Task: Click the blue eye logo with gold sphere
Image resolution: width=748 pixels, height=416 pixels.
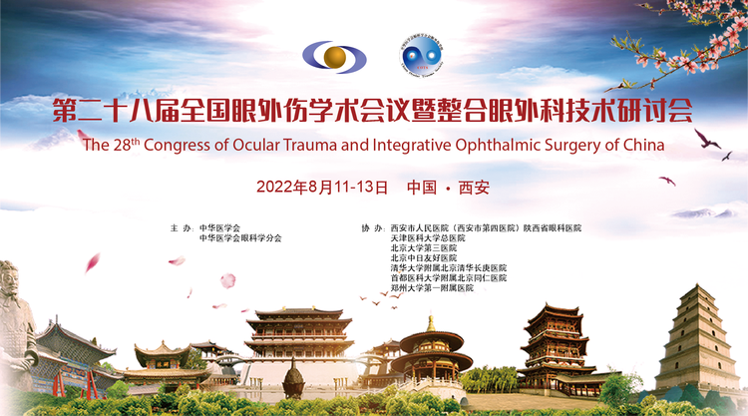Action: (334, 57)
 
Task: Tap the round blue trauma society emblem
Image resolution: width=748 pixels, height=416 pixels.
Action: (421, 56)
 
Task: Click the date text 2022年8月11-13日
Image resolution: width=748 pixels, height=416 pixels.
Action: (322, 187)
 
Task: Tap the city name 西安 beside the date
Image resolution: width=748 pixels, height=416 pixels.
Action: (474, 187)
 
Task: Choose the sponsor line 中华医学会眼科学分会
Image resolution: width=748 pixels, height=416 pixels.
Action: (240, 238)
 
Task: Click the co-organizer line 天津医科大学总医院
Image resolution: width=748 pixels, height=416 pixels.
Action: (428, 238)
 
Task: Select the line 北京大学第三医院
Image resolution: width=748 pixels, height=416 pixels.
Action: (424, 248)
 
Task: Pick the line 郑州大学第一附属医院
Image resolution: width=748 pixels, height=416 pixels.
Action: (432, 288)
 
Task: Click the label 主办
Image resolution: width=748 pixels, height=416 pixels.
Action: (182, 228)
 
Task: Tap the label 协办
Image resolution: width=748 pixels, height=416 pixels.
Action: (373, 228)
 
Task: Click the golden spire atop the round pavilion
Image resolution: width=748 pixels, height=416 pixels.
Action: (431, 323)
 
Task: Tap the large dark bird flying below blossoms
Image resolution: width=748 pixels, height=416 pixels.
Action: (706, 139)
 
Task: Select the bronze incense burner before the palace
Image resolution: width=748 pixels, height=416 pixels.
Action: (293, 379)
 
